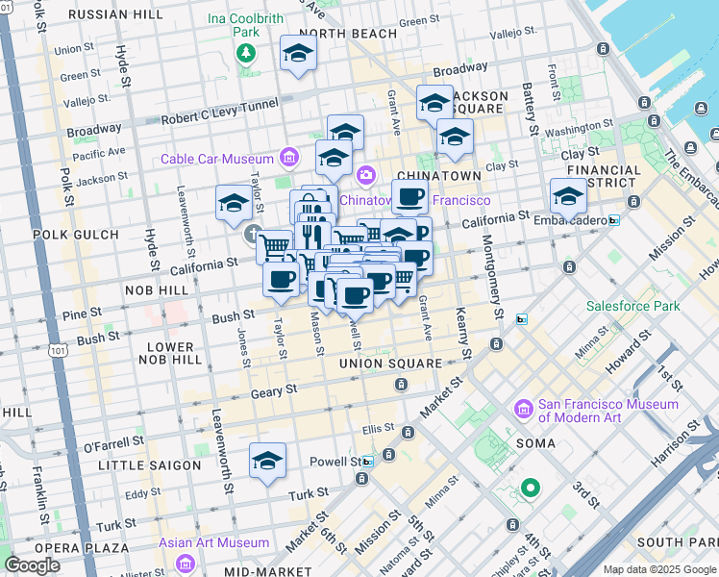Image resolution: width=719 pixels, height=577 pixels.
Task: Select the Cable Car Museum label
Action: pyautogui.click(x=217, y=158)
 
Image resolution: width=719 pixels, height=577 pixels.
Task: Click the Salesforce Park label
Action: pyautogui.click(x=633, y=307)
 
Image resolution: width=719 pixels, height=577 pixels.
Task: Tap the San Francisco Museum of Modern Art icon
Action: pyautogui.click(x=524, y=409)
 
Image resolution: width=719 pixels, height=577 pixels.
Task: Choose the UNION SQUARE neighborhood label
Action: pyautogui.click(x=390, y=364)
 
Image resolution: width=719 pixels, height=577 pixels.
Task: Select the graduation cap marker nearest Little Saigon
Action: pyautogui.click(x=267, y=462)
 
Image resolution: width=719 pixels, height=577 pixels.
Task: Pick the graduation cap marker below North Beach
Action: pyautogui.click(x=298, y=55)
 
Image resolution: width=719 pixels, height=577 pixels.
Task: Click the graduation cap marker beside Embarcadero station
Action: pyautogui.click(x=568, y=197)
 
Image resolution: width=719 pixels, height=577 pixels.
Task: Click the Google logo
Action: pyautogui.click(x=34, y=565)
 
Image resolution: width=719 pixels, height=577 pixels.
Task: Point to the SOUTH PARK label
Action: pyautogui.click(x=673, y=542)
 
